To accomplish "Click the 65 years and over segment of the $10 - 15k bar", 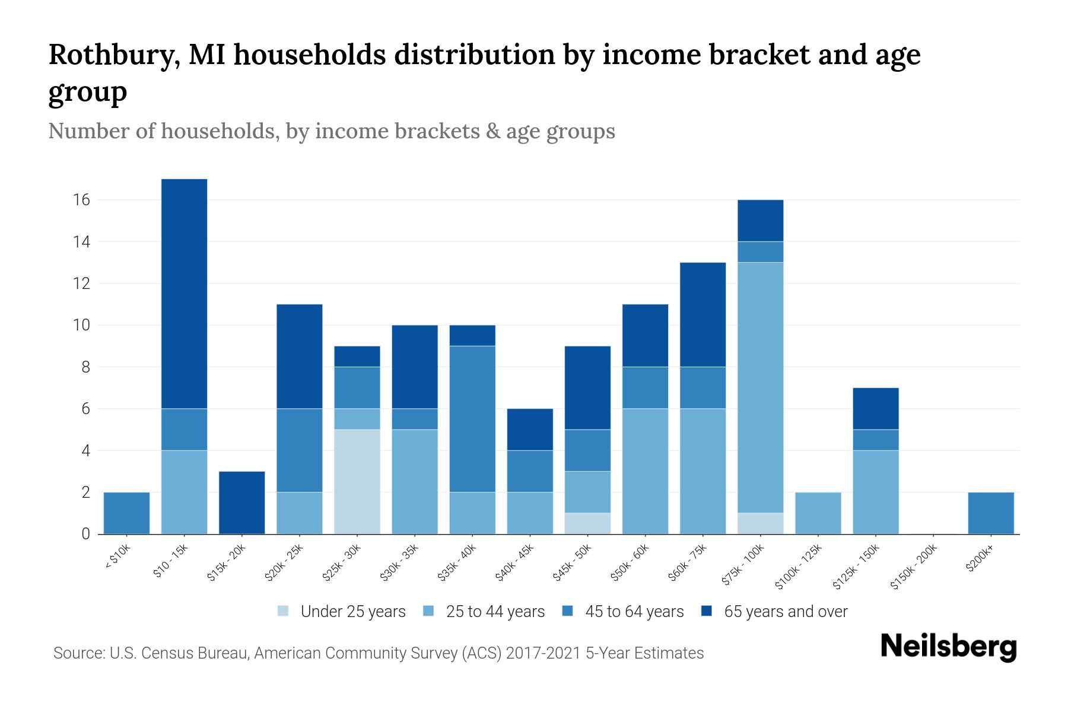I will pyautogui.click(x=184, y=294).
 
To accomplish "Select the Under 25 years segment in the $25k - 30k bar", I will pyautogui.click(x=357, y=482).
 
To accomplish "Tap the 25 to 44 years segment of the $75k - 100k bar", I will pyautogui.click(x=760, y=387).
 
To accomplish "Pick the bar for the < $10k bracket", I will pyautogui.click(x=126, y=513).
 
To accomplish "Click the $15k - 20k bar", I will pyautogui.click(x=241, y=503).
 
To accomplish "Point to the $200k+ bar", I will pyautogui.click(x=990, y=513).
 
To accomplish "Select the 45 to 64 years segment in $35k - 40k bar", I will pyautogui.click(x=472, y=419).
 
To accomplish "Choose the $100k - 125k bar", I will pyautogui.click(x=818, y=513).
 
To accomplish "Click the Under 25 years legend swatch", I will pyautogui.click(x=284, y=611).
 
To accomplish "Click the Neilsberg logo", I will pyautogui.click(x=948, y=647).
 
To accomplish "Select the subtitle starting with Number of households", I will pyautogui.click(x=331, y=131).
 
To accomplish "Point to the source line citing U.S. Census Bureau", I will pyautogui.click(x=379, y=653).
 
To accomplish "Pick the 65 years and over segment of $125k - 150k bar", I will pyautogui.click(x=875, y=408).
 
